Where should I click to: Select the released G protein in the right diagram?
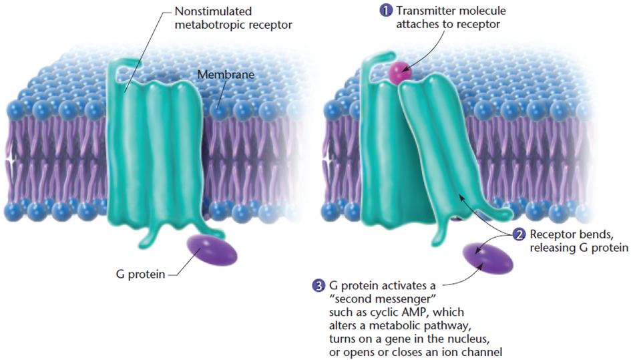[487, 258]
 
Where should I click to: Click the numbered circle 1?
[385, 11]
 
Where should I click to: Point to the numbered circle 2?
[519, 235]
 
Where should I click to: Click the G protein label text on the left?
[137, 275]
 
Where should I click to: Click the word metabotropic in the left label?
[208, 25]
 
